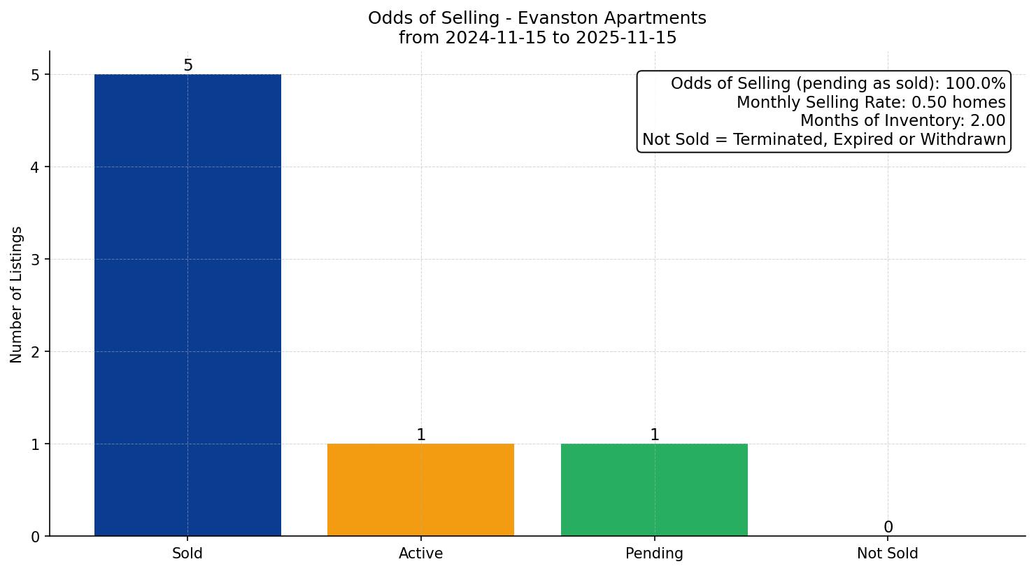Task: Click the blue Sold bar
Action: pyautogui.click(x=187, y=305)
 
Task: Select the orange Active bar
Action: pyautogui.click(x=420, y=490)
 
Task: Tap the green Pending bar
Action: pyautogui.click(x=654, y=490)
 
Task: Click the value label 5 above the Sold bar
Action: pyautogui.click(x=187, y=66)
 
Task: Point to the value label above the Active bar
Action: pyautogui.click(x=420, y=435)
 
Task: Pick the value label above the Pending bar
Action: pyautogui.click(x=654, y=435)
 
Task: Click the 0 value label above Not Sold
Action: pyautogui.click(x=888, y=528)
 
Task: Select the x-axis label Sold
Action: pyautogui.click(x=187, y=554)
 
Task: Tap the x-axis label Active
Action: pyautogui.click(x=420, y=554)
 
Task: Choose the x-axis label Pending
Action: pyautogui.click(x=654, y=554)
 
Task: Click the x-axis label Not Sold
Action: pyautogui.click(x=887, y=554)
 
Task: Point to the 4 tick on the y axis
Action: pyautogui.click(x=36, y=167)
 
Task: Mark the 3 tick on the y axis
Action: pyautogui.click(x=36, y=260)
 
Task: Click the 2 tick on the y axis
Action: pyautogui.click(x=36, y=352)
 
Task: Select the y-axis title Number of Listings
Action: pyautogui.click(x=17, y=294)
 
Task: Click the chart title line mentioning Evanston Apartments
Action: pyautogui.click(x=537, y=18)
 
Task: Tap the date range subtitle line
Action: pyautogui.click(x=537, y=38)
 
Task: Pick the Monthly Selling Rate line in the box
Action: pyautogui.click(x=871, y=103)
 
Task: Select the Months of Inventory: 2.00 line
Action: pyautogui.click(x=902, y=121)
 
